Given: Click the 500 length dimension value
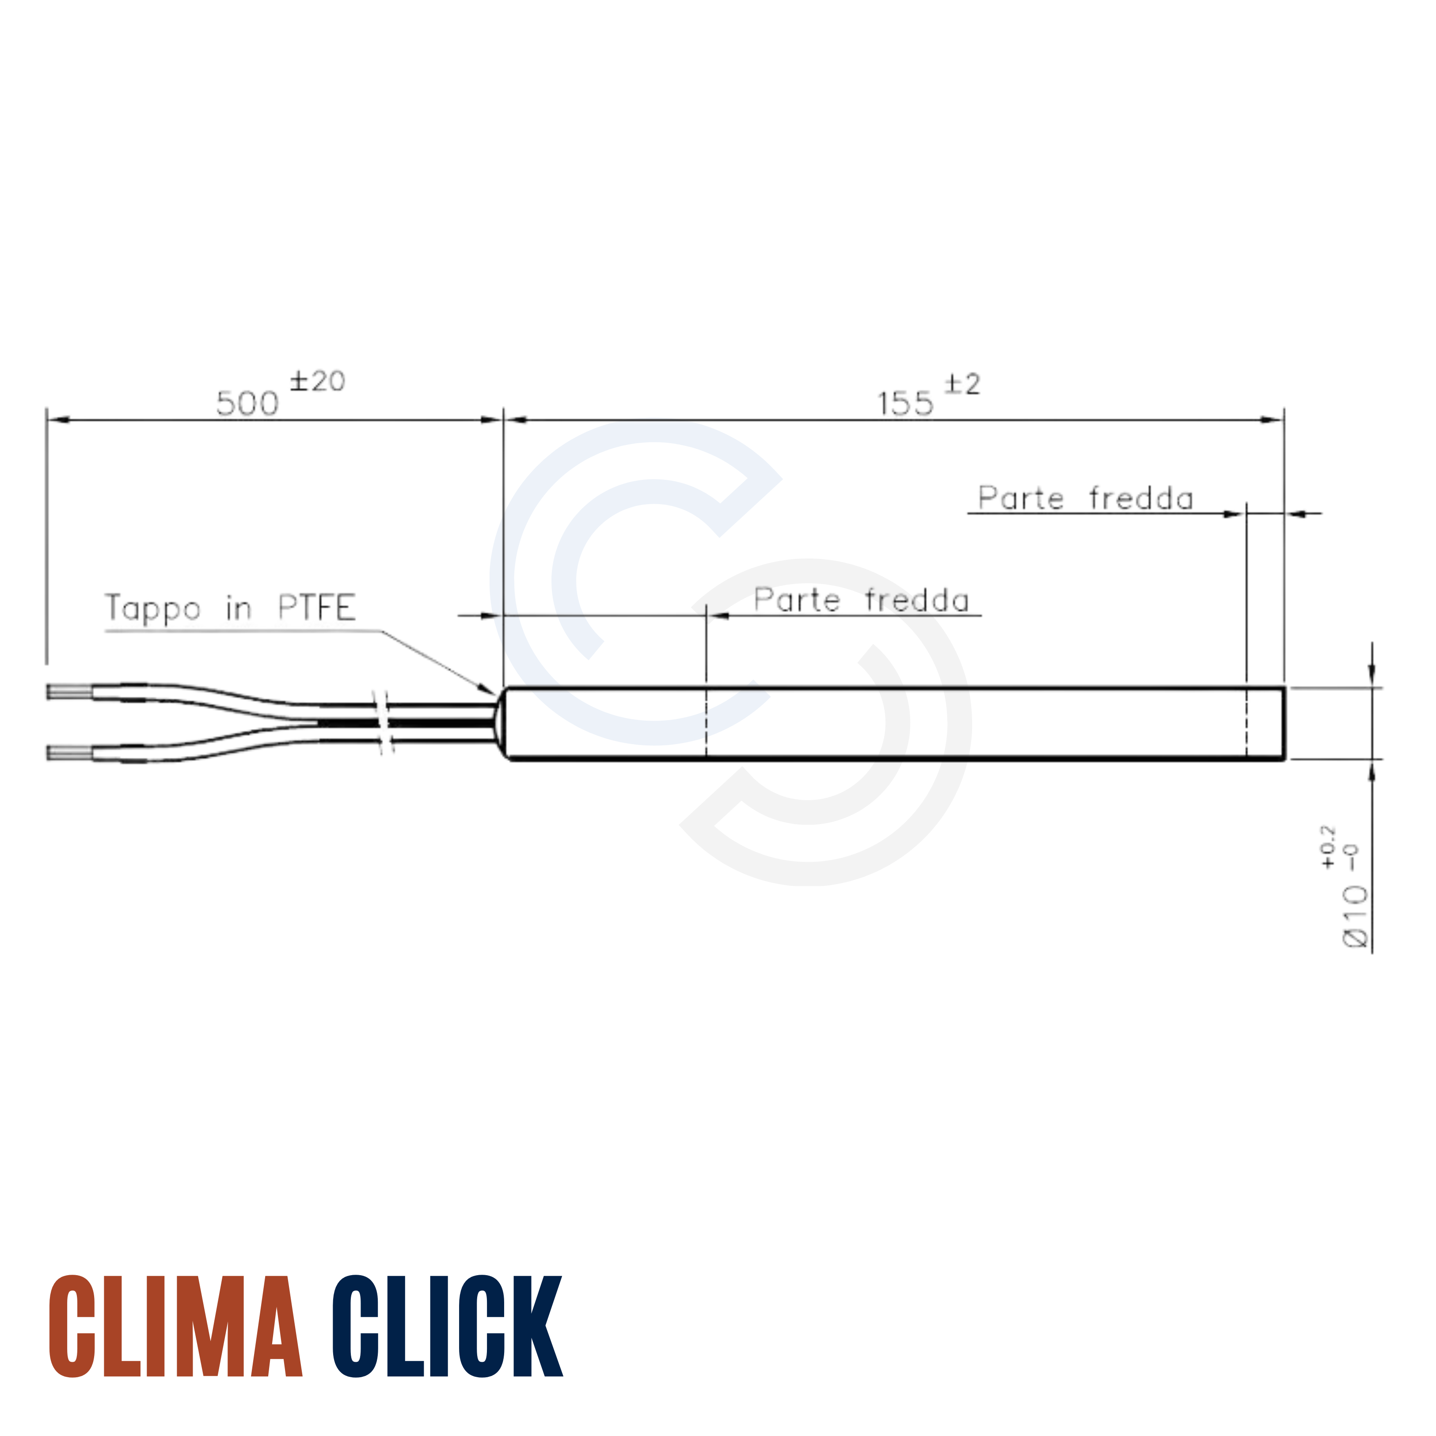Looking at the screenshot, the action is [247, 403].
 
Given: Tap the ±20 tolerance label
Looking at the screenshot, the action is [317, 381].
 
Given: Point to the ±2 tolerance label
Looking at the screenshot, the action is [962, 384].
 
